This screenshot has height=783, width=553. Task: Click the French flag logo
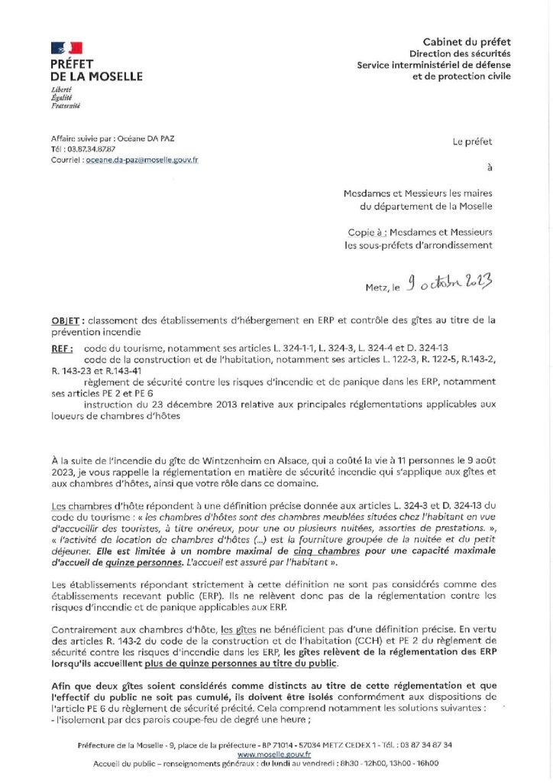66,48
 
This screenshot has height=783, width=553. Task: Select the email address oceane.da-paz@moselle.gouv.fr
142,160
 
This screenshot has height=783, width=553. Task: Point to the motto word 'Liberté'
61,90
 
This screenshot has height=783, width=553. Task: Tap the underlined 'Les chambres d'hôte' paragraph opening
88,505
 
